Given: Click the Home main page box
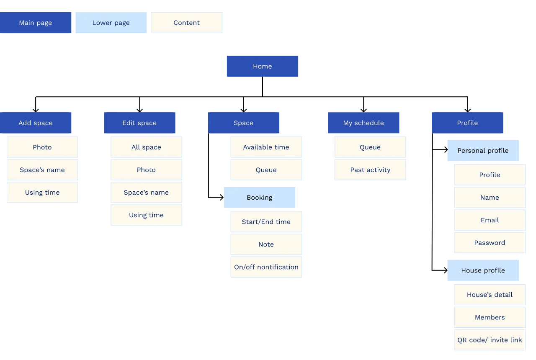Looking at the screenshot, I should point(263,66).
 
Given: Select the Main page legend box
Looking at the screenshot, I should point(36,23).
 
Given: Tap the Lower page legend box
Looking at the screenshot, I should point(111,23).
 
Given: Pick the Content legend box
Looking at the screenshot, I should point(187,23).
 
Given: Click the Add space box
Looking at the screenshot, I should point(36,123).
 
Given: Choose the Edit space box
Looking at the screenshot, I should point(139,123).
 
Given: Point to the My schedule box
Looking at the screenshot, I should point(363,123).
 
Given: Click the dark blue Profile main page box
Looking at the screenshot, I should point(467,123).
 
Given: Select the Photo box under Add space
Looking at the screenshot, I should point(42,147).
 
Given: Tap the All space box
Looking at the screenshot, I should point(146,147).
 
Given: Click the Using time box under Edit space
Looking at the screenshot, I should point(146,215).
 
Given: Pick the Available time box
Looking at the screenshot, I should point(266,147).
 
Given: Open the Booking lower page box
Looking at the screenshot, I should point(260,198).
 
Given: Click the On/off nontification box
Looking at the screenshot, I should point(266,267).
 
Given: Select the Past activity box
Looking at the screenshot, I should point(370,170).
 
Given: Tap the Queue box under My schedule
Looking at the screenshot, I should point(370,147).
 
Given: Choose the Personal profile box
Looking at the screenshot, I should point(483,151).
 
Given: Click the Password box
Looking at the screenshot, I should point(490,243).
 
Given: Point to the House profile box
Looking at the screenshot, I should point(483,270).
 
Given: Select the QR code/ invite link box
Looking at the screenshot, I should point(490,340).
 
